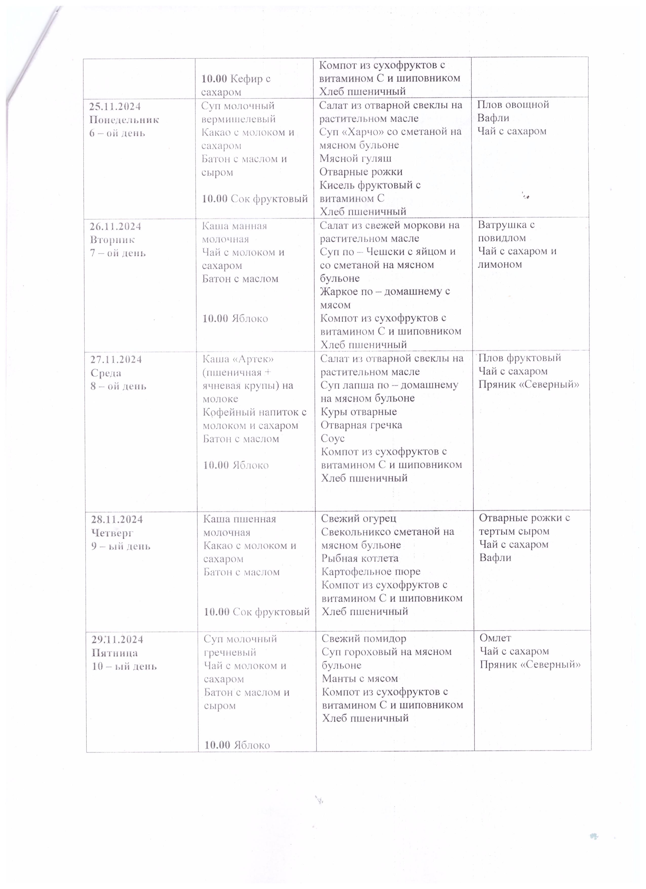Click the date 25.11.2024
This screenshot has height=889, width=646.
coord(115,107)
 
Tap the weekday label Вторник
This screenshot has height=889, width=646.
coord(112,240)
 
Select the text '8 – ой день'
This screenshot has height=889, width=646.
coord(118,386)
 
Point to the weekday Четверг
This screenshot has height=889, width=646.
coord(112,533)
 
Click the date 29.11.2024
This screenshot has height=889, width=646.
coord(117,640)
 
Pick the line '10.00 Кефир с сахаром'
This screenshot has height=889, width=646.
coord(236,85)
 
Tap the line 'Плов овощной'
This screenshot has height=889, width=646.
coord(513,105)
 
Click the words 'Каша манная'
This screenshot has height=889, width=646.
coord(234,226)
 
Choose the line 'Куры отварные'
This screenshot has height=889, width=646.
coord(358,412)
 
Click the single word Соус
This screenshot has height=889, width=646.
coord(333,439)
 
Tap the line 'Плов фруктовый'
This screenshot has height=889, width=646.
coord(519,358)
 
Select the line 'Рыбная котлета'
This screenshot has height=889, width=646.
coord(360,558)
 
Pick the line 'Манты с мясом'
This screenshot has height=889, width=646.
coord(360,679)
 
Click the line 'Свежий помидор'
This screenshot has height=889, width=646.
coord(364,639)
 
